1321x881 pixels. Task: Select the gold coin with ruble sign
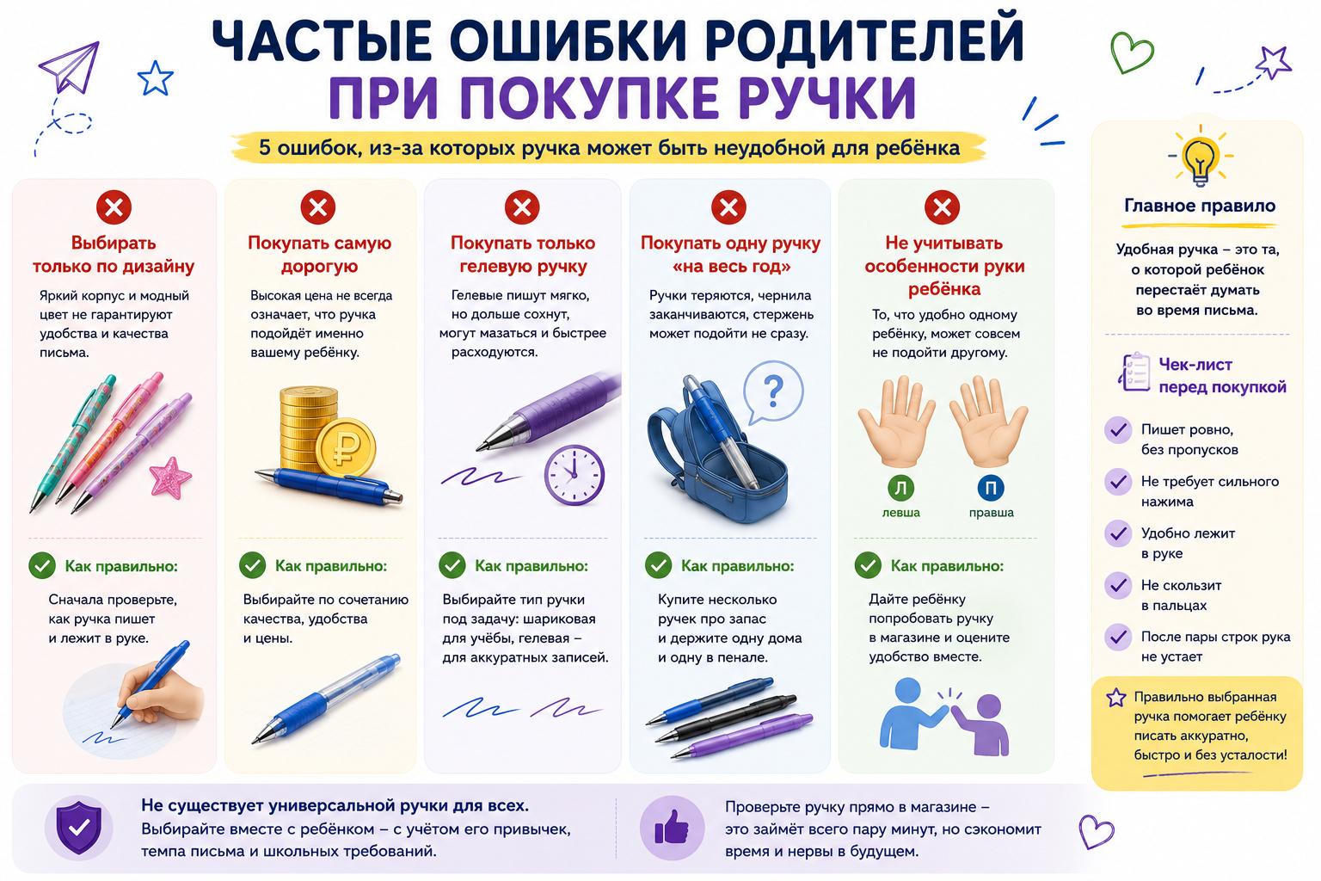pos(346,447)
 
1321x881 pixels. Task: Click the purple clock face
pos(574,475)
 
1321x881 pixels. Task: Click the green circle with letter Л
pos(900,488)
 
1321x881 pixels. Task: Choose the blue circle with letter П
pos(991,488)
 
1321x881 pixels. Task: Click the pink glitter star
pos(170,477)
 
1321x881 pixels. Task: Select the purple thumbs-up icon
pos(672,828)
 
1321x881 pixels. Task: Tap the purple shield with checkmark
pos(78,828)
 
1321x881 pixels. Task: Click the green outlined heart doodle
pos(1131,52)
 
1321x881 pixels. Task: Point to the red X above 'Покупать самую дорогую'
pos(318,207)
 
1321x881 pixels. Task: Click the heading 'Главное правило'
pos(1200,206)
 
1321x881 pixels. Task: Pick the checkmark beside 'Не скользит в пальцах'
pos(1117,586)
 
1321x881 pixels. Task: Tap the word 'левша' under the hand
pos(900,513)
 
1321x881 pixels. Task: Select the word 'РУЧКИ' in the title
pos(828,98)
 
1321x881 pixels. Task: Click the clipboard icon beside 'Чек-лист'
pos(1134,372)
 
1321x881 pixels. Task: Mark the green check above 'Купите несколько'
pos(658,565)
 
